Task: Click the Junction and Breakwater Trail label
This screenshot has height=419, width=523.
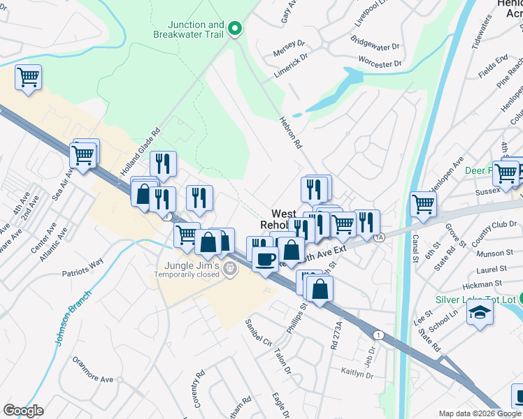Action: coord(187,30)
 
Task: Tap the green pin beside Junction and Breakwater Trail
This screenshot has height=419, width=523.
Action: coord(236,29)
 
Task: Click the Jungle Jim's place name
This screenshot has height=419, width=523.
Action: coord(192,266)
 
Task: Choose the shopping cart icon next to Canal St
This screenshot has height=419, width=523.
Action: coord(423,205)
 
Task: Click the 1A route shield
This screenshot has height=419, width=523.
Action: coord(379,237)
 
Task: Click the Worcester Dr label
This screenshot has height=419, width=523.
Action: coord(380,63)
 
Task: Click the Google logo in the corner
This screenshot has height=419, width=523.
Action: coord(23,411)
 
